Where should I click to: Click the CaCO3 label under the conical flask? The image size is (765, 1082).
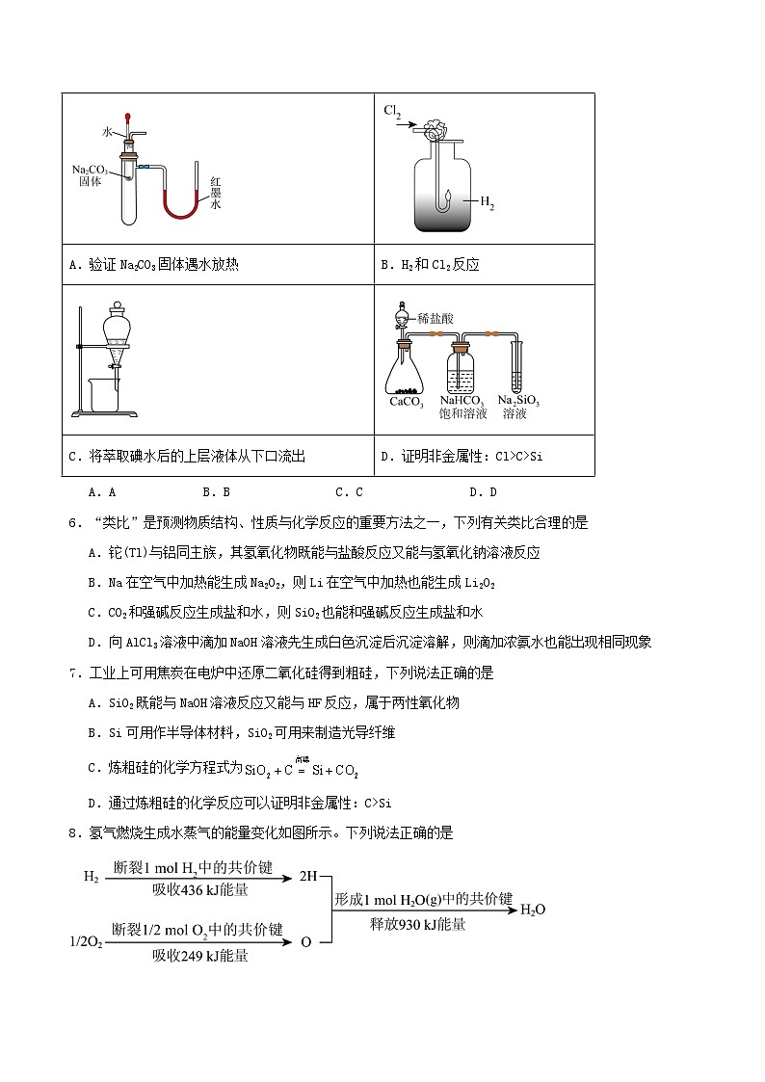(407, 402)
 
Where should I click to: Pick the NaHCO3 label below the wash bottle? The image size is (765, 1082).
(462, 401)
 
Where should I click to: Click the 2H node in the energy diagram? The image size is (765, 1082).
(307, 877)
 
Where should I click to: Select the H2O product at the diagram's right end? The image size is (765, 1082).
(533, 909)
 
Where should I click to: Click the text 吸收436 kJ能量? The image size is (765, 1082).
(200, 889)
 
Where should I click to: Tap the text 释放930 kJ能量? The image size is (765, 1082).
(417, 924)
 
